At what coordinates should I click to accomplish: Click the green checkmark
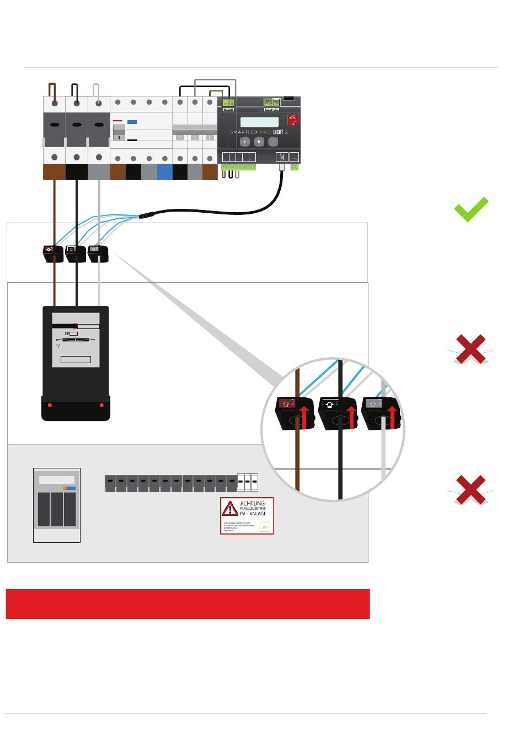[x=471, y=209]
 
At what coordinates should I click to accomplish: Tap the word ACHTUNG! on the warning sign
[x=253, y=504]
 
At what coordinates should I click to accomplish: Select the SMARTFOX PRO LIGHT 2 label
[x=259, y=132]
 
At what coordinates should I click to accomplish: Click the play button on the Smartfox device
[x=259, y=142]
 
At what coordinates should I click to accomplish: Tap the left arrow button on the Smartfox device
[x=245, y=142]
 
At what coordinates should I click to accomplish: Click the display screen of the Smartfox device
[x=261, y=121]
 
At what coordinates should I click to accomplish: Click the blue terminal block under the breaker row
[x=164, y=172]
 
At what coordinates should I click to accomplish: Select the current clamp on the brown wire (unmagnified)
[x=54, y=254]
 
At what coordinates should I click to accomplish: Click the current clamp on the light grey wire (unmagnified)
[x=98, y=254]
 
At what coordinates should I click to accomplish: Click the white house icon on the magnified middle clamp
[x=330, y=404]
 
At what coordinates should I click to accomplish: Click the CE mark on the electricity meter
[x=67, y=333]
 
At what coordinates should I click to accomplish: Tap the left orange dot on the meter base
[x=50, y=406]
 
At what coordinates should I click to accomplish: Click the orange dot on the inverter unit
[x=65, y=488]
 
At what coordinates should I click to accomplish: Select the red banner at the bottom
[x=188, y=603]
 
